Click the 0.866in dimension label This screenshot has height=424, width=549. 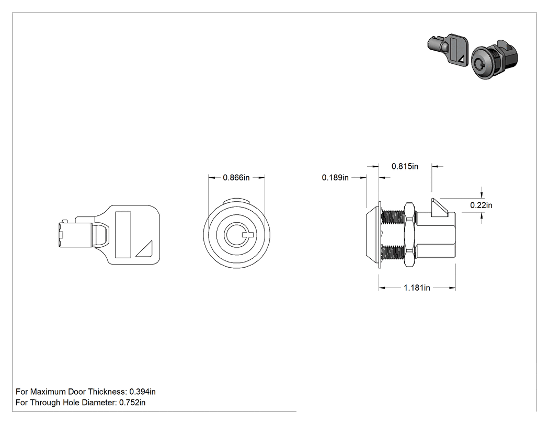click(236, 178)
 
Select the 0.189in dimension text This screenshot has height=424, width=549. click(335, 178)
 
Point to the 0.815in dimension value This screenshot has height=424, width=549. click(405, 166)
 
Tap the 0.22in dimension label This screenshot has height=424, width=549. click(481, 205)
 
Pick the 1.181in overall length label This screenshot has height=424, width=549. click(417, 288)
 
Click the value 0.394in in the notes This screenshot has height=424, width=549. click(143, 392)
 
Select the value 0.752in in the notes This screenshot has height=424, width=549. click(132, 402)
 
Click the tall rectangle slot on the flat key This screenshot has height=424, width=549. click(123, 235)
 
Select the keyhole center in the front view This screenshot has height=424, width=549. click(237, 235)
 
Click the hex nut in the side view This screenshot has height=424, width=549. click(409, 235)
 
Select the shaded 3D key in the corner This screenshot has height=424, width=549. click(448, 50)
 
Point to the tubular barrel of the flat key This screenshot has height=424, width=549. click(76, 234)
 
